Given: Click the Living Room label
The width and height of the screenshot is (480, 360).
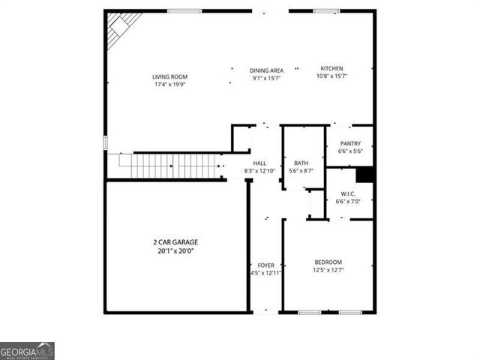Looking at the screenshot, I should coord(169,76).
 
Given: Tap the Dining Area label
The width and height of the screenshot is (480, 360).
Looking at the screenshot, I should coord(266,70).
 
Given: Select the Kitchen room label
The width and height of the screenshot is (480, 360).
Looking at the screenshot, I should coord(332,68).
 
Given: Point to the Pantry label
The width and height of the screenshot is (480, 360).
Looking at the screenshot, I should coord(350,143).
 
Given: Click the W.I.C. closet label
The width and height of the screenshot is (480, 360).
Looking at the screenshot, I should coord(349,193).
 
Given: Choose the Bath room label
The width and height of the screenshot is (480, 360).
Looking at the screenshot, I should coord(301,163).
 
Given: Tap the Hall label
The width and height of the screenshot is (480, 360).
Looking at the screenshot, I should coord(259,163).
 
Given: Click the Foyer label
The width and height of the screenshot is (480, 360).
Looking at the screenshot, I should coord(265,265).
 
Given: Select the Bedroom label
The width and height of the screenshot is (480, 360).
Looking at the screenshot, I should coord(328,262).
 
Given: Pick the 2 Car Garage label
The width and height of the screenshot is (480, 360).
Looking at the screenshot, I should coord(177,242).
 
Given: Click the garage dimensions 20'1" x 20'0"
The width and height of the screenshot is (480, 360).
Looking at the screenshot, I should coord(177,252).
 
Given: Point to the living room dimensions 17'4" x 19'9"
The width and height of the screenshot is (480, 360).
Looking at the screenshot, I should coord(169,84).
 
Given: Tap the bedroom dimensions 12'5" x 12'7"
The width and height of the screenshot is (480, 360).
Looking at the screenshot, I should coord(328,270).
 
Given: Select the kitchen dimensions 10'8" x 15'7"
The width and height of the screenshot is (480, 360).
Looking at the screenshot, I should coord(332,76).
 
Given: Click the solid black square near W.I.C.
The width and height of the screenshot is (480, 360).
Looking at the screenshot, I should coord(365,174).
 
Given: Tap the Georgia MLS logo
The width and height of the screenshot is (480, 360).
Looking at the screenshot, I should coord(27,351).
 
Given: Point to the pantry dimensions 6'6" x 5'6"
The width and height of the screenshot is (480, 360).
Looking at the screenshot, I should coord(350,151).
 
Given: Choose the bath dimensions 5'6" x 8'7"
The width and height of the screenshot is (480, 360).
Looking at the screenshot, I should coord(301,171).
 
